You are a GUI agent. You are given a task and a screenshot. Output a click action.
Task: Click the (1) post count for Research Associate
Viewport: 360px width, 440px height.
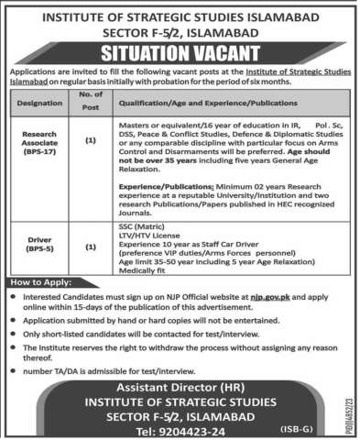pos(91,143)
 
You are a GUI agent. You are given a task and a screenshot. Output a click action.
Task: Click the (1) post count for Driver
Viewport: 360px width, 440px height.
pos(91,247)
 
